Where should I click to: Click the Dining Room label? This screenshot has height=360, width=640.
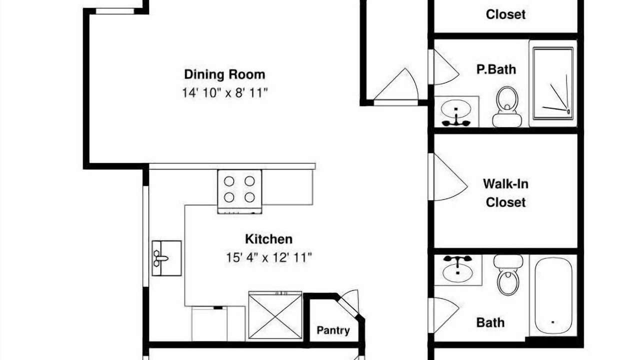224,74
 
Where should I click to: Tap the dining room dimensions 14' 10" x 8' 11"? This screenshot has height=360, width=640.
225,93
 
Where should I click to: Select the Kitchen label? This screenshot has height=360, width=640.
269,239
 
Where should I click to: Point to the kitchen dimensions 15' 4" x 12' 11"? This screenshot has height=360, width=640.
269,257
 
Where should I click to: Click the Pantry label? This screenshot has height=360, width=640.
333,330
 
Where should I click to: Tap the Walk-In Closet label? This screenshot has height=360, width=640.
505,193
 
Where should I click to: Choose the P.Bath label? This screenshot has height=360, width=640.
496,69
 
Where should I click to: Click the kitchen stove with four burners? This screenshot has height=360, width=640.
239,191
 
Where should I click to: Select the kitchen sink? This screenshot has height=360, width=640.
167,258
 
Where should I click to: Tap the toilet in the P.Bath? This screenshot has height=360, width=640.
507,107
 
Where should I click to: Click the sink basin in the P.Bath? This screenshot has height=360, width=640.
456,109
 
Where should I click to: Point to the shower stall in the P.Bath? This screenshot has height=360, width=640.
553,83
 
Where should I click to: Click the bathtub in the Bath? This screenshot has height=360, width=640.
553,295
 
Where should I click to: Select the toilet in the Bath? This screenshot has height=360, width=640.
508,274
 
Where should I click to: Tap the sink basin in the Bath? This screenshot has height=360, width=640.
457,273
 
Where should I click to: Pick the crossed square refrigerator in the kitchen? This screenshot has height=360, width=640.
275,315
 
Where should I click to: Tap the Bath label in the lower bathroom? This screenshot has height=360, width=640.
490,323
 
